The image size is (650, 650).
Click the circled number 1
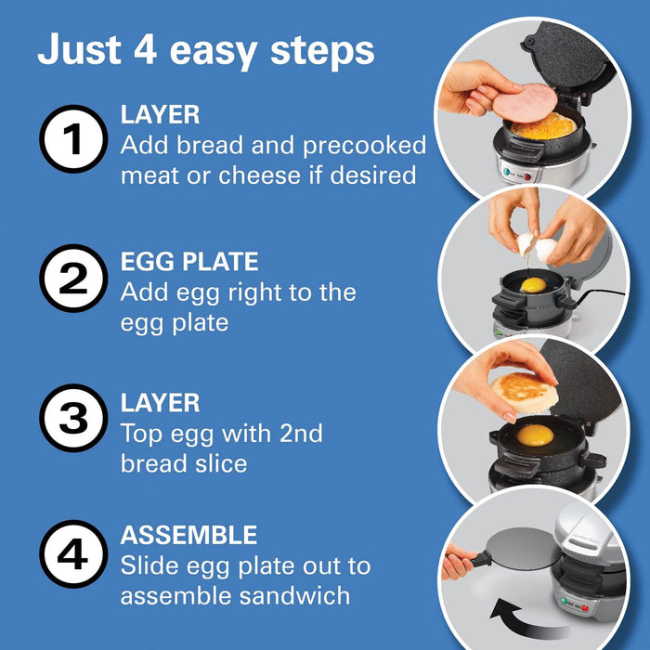(x=72, y=141)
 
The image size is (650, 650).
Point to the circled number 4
(x=72, y=553)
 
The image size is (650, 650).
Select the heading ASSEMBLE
(x=188, y=535)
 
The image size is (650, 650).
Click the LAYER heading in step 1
(x=160, y=115)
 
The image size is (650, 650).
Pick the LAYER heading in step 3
(x=160, y=402)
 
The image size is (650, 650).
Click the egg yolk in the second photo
(x=533, y=285)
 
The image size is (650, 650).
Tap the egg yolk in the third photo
(x=535, y=435)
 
